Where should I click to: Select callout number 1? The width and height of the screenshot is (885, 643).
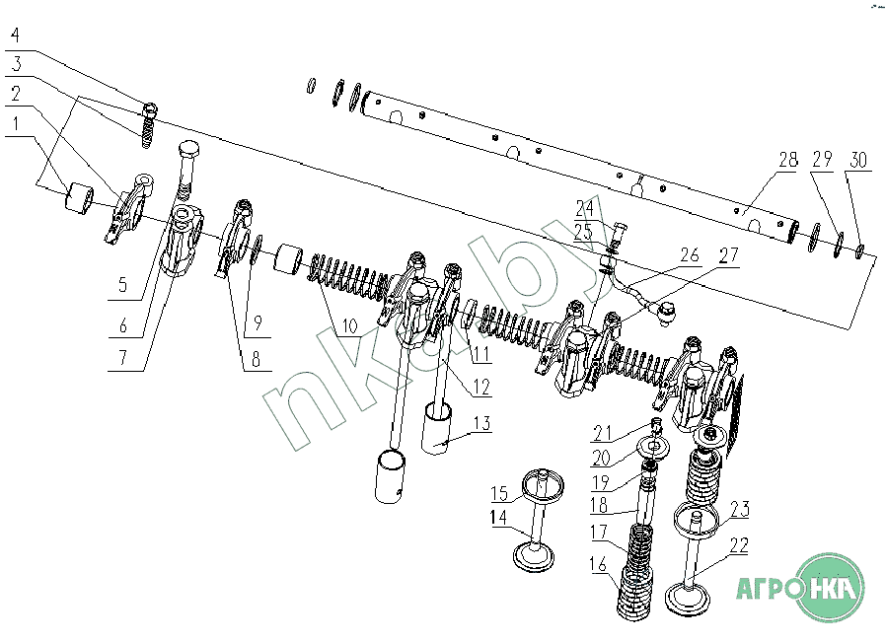(14, 126)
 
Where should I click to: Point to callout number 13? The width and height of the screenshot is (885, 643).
(479, 422)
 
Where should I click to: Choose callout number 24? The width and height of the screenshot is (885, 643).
(585, 207)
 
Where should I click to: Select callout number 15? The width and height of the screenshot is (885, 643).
(500, 492)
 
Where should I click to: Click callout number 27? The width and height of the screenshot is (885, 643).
(728, 253)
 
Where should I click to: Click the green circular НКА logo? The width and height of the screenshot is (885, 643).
(831, 588)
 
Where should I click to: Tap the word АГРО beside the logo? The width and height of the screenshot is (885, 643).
(767, 589)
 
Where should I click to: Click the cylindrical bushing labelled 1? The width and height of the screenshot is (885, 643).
(76, 199)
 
